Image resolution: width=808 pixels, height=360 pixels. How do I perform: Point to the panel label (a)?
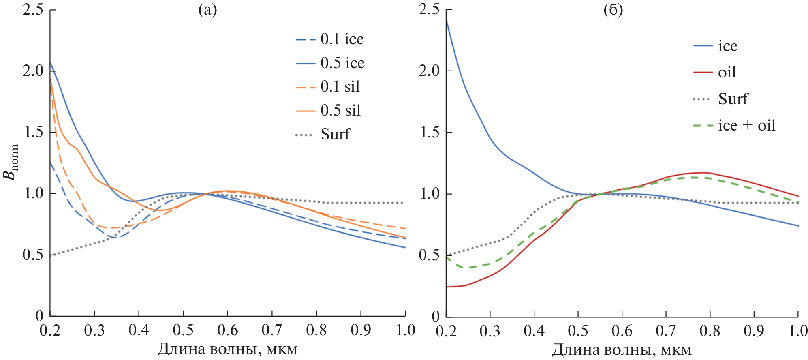[207, 10]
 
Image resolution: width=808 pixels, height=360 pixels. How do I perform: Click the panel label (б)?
[613, 10]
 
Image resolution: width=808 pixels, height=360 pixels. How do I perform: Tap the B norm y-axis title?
[11, 162]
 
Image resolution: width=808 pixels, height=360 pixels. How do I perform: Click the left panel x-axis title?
[227, 349]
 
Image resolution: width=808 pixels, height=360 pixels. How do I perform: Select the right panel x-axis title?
[622, 350]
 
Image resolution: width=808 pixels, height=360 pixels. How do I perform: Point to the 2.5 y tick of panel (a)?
[33, 9]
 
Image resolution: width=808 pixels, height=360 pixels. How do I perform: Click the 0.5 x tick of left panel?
[183, 330]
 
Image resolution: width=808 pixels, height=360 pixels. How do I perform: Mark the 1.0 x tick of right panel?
[798, 331]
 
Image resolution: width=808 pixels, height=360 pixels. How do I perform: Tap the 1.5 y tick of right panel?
[429, 133]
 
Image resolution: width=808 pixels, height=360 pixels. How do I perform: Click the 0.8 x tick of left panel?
[316, 330]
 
